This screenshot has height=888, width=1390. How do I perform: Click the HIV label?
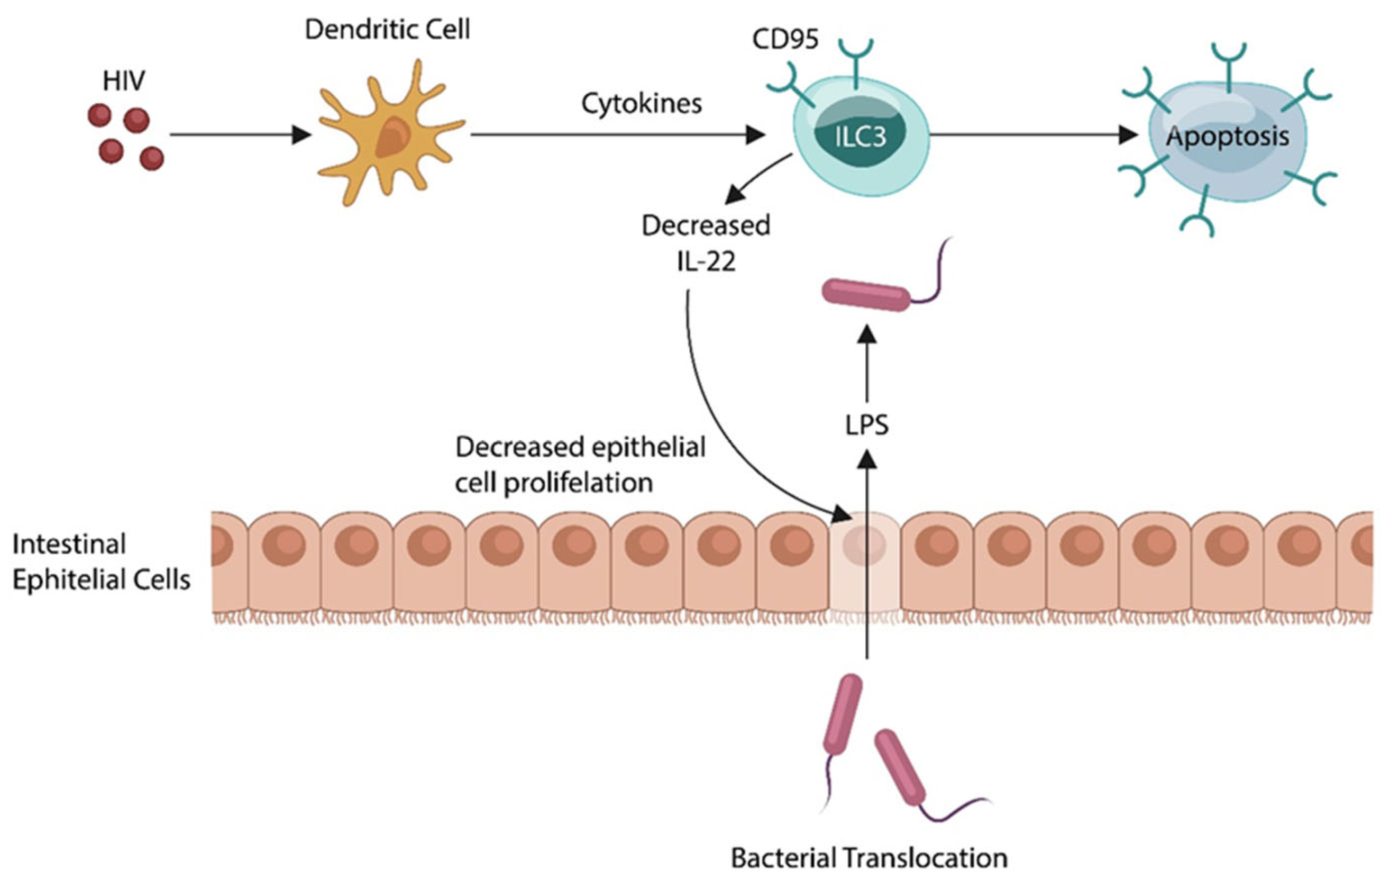pyautogui.click(x=124, y=81)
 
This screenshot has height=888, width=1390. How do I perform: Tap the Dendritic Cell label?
pyautogui.click(x=387, y=30)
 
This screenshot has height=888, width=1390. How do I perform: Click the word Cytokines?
pyautogui.click(x=642, y=104)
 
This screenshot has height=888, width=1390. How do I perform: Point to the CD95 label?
pyautogui.click(x=785, y=39)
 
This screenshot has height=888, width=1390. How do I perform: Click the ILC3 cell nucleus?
pyautogui.click(x=860, y=135)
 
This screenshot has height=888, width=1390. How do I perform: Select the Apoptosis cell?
pyautogui.click(x=1227, y=139)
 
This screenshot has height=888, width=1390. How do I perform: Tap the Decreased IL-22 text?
pyautogui.click(x=706, y=243)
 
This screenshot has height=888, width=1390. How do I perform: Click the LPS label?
pyautogui.click(x=866, y=425)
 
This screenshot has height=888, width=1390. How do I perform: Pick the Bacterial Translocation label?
pyautogui.click(x=868, y=857)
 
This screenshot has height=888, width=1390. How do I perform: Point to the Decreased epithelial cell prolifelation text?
pyautogui.click(x=580, y=465)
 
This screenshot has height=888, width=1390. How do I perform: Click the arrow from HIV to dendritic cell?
pyautogui.click(x=240, y=135)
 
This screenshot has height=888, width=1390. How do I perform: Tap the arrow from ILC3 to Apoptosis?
pyautogui.click(x=1034, y=135)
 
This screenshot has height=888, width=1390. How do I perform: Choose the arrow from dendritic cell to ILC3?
pyautogui.click(x=618, y=135)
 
